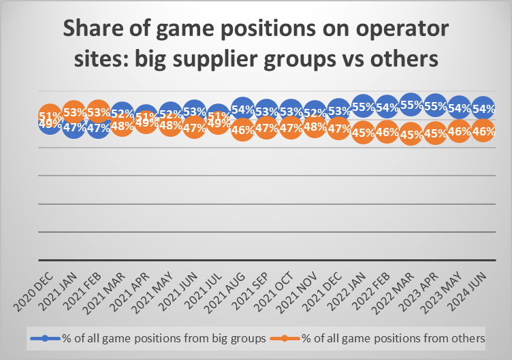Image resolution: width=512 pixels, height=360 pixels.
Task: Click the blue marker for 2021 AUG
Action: (x=243, y=109)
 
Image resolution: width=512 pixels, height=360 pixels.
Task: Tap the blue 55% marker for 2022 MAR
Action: (x=411, y=105)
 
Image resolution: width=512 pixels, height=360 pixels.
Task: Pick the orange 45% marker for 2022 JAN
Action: (x=363, y=132)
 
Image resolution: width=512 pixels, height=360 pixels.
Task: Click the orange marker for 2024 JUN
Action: (x=483, y=131)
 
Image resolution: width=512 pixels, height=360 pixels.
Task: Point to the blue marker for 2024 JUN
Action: (x=483, y=108)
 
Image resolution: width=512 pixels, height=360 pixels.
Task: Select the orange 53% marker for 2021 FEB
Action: (x=98, y=112)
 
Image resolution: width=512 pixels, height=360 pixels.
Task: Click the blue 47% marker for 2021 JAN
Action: (x=74, y=127)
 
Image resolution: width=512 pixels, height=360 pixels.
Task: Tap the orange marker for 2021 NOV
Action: (x=315, y=125)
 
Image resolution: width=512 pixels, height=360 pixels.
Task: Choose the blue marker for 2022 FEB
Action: (x=387, y=108)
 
